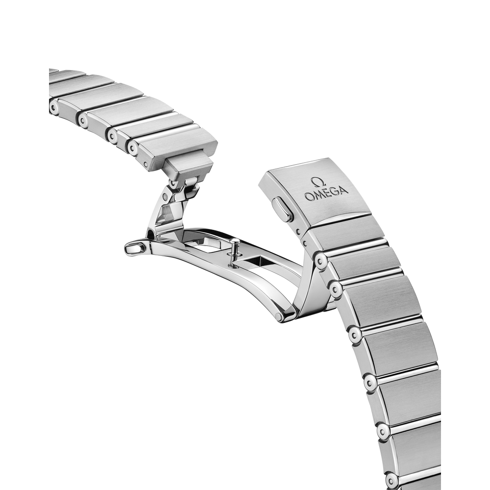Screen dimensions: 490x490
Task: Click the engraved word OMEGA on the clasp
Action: coord(326,193)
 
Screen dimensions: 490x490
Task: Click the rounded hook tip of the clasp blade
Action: coord(134,249)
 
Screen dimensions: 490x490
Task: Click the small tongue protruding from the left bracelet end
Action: coord(191,165)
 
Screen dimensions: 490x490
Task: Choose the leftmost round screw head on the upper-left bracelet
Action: coord(54,107)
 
